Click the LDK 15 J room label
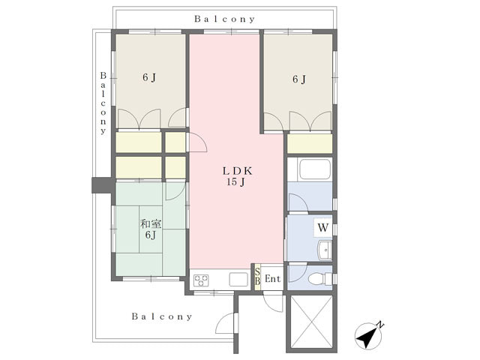click(x=237, y=176)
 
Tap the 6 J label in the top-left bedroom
click(x=149, y=78)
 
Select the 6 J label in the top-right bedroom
click(x=299, y=79)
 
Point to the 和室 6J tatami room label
click(x=151, y=229)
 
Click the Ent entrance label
click(x=272, y=279)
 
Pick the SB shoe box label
click(x=258, y=276)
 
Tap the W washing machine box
click(x=323, y=228)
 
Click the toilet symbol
click(x=320, y=279)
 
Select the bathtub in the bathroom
click(x=315, y=169)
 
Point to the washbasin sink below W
click(x=325, y=250)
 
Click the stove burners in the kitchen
click(x=201, y=280)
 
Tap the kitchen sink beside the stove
click(x=238, y=279)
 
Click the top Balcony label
click(x=224, y=19)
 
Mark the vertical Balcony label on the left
click(x=103, y=103)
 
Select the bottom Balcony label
click(x=162, y=316)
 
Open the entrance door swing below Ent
click(x=273, y=301)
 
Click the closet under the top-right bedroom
click(x=310, y=143)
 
